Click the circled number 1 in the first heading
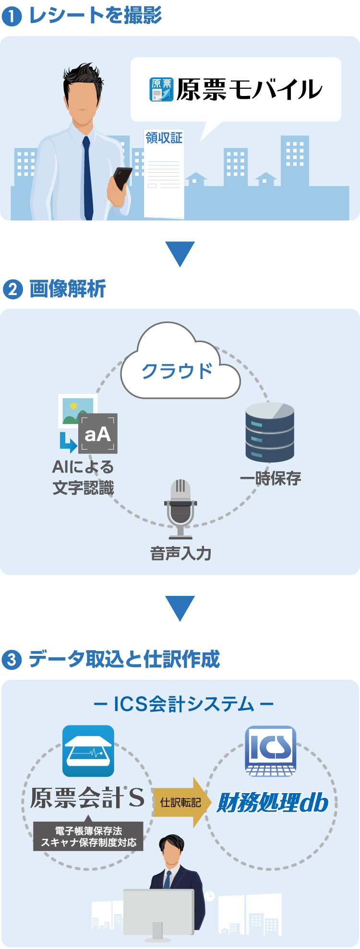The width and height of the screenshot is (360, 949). coord(12,17)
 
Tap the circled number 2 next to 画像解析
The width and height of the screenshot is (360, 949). coord(12,289)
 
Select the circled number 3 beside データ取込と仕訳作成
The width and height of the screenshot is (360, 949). coord(12,660)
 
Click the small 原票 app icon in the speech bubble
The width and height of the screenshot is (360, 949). coord(161,90)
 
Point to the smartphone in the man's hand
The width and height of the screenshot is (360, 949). coord(122,178)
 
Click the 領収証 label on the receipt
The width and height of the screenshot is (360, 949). coord(164,138)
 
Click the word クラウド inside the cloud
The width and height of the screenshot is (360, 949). coord(177,371)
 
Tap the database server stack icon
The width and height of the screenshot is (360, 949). coord(270,432)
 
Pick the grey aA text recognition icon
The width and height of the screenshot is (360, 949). coord(98,434)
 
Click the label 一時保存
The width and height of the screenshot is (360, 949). coord(270,478)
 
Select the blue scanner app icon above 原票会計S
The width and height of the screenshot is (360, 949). coord(88,751)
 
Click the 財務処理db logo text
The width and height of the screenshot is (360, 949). coord(273,803)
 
